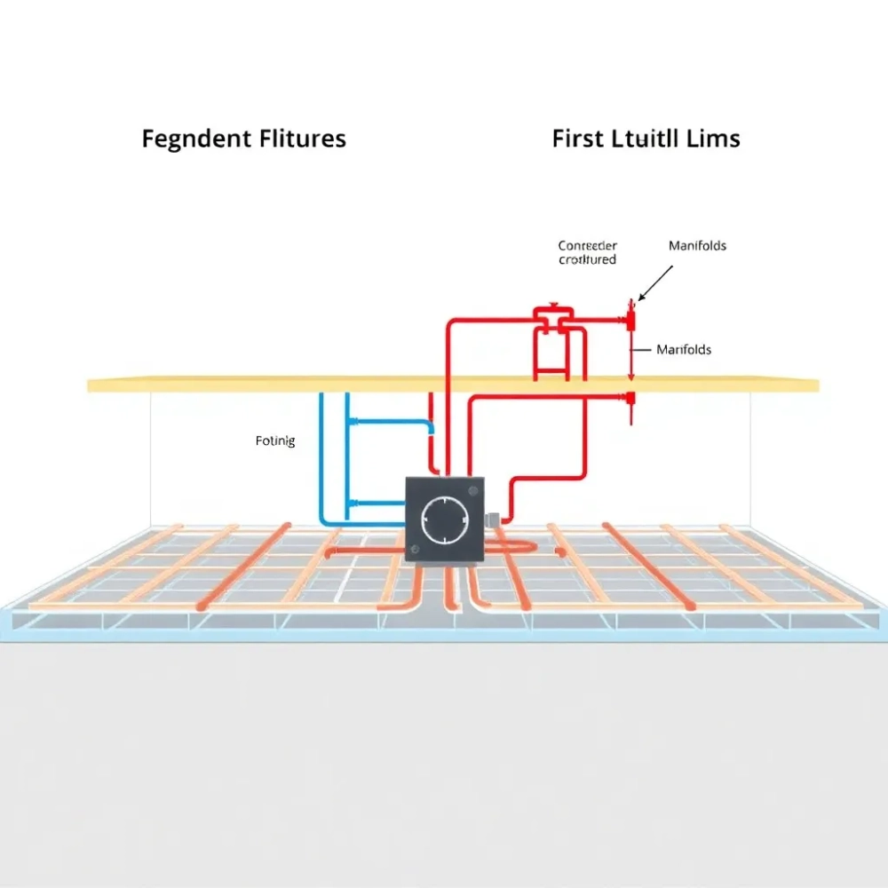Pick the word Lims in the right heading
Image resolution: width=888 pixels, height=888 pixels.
[x=714, y=139]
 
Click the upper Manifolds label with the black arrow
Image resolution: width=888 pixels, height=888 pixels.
[x=697, y=245]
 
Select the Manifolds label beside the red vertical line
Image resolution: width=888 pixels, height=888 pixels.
[x=684, y=350]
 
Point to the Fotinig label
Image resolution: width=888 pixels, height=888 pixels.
[x=274, y=440]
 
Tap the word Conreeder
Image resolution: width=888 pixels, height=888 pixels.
[x=587, y=245]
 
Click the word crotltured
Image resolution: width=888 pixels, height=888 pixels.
[x=587, y=259]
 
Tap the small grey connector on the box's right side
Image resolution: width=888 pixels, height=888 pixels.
[x=490, y=515]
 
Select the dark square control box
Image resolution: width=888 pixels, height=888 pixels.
[x=445, y=519]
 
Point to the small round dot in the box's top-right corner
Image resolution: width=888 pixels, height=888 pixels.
[x=476, y=485]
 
